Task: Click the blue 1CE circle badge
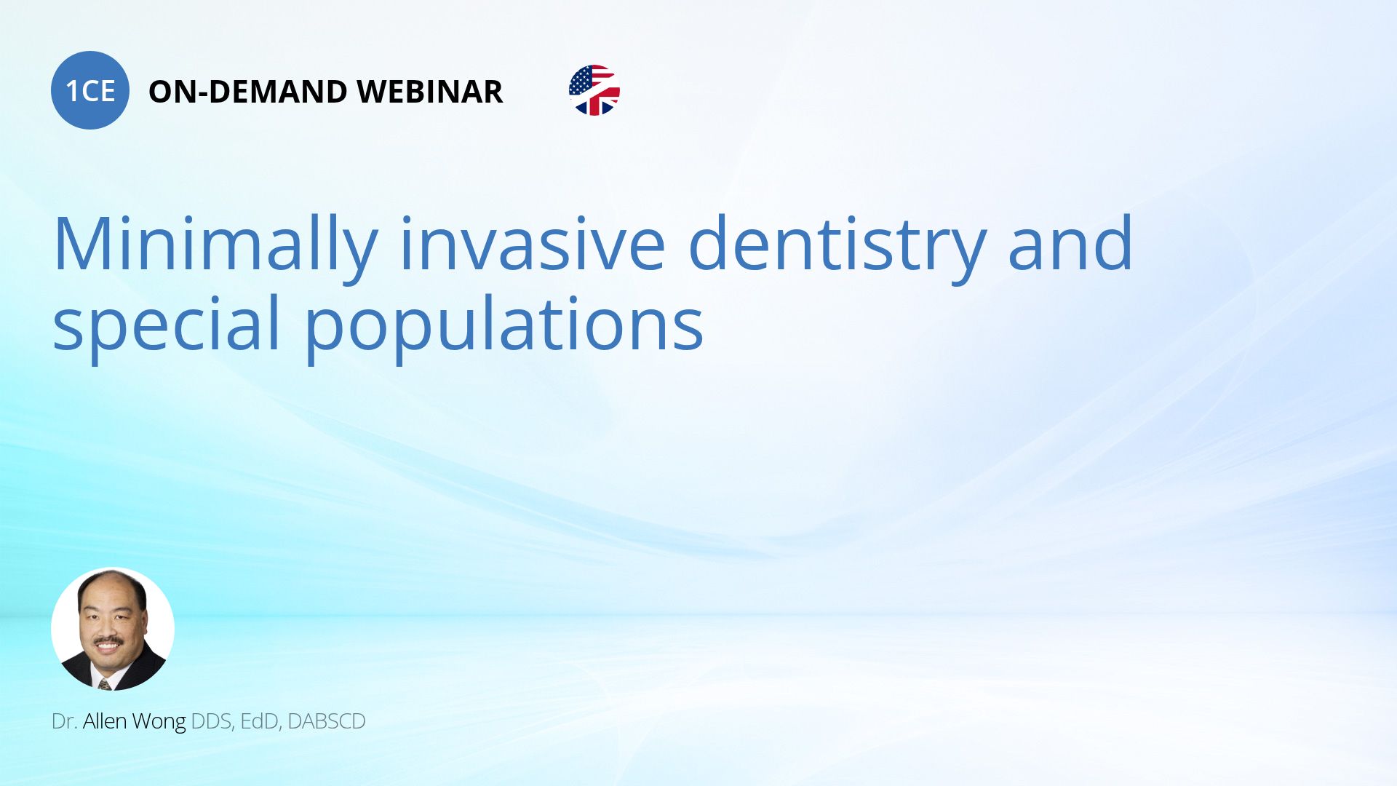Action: tap(90, 90)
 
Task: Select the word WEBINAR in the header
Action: tap(429, 92)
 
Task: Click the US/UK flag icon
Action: tap(594, 90)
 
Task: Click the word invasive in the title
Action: tap(533, 243)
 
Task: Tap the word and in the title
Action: tap(1070, 243)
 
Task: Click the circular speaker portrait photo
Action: tap(113, 629)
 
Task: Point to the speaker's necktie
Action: tap(105, 683)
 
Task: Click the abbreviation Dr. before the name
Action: tap(64, 721)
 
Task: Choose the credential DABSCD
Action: tap(327, 721)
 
